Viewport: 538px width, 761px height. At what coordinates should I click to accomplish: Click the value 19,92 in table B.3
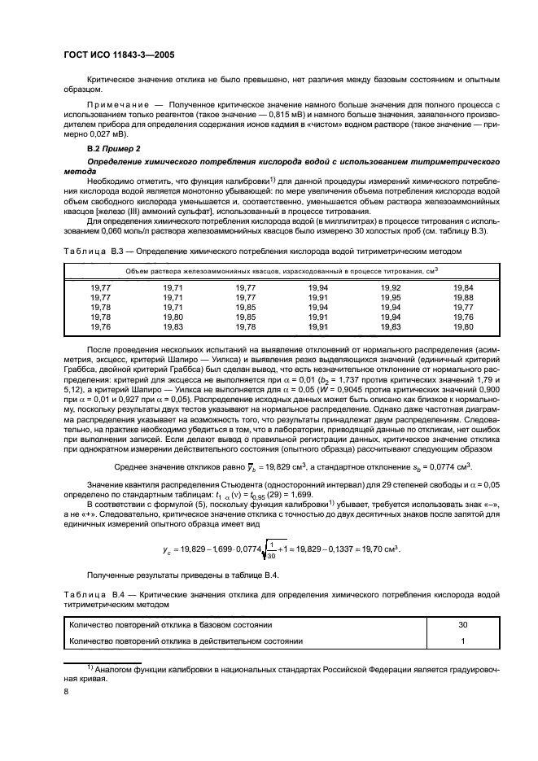pos(391,288)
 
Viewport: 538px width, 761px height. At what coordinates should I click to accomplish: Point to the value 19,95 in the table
pos(391,298)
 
